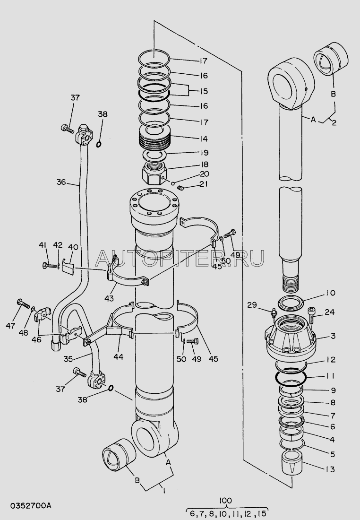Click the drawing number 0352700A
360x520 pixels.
click(26, 506)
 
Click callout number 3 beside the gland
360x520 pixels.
click(333, 336)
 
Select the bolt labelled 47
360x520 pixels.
click(22, 302)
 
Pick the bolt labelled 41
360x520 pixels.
click(47, 265)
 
